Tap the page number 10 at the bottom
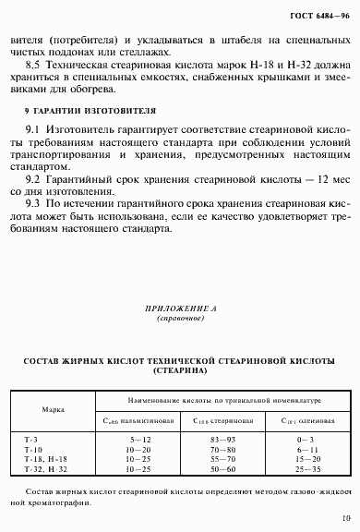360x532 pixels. [343, 518]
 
